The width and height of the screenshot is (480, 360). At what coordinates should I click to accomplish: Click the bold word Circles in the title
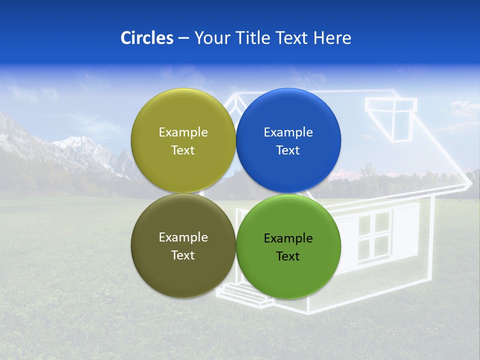point(147,38)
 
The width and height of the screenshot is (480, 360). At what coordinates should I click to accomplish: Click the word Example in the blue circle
point(288,132)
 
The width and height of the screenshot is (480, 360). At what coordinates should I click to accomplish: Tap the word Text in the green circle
point(288,256)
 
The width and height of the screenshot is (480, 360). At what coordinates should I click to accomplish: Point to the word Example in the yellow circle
point(183,132)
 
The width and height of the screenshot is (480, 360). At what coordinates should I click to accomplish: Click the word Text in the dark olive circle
point(183,255)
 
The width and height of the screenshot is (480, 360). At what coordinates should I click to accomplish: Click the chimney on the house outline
point(391,117)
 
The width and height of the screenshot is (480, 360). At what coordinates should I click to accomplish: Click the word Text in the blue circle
point(288,150)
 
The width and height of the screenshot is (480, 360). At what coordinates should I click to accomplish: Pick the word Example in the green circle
point(288,238)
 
